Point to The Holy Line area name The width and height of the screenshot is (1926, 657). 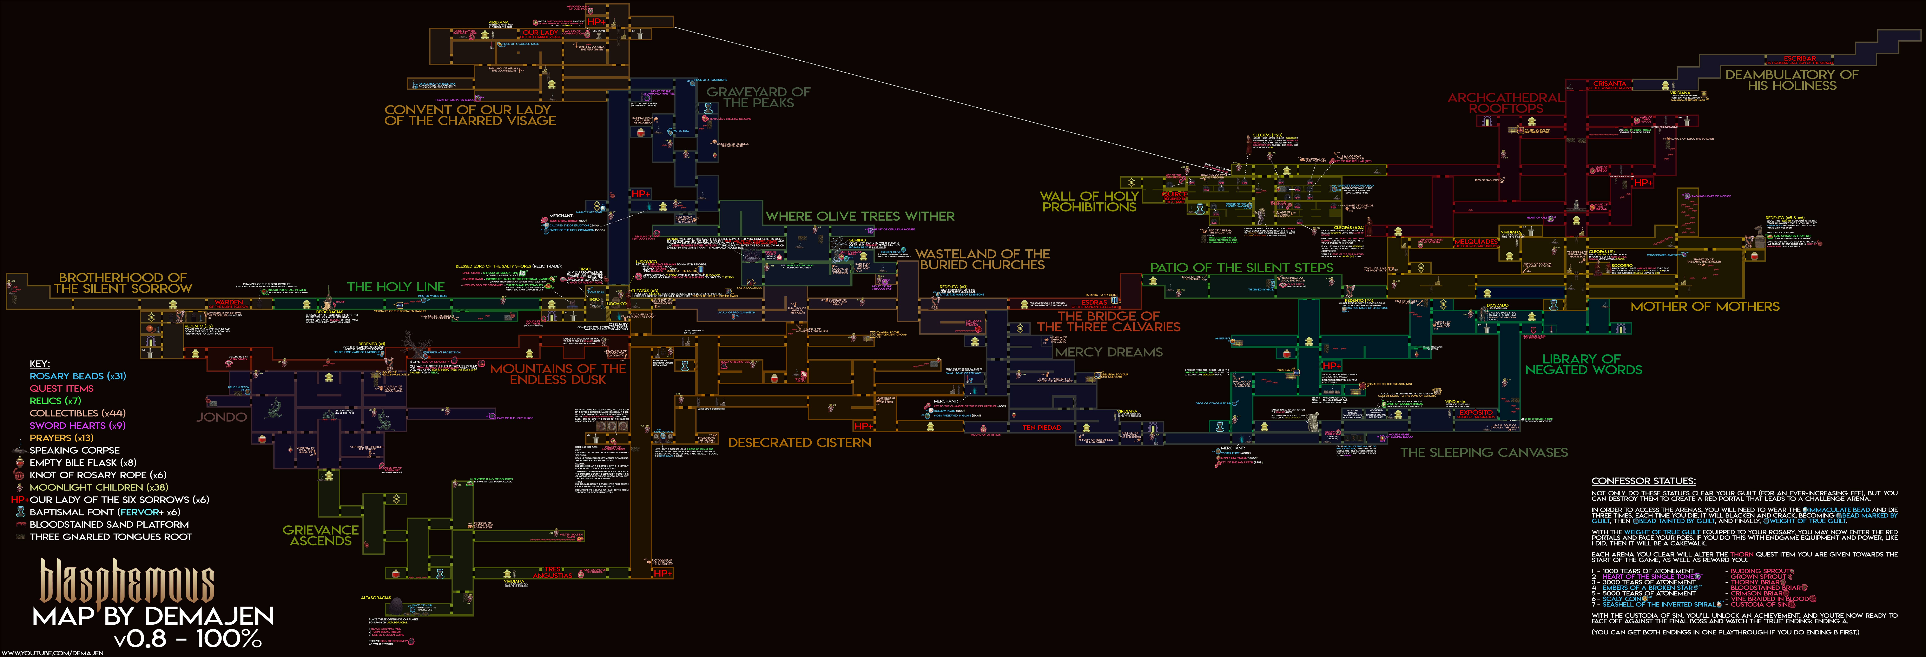pos(396,287)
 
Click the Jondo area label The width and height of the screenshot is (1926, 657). pos(221,417)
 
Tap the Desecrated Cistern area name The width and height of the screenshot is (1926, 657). pos(799,442)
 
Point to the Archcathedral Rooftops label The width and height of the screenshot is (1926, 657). pos(1505,102)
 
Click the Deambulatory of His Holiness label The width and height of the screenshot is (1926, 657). pos(1791,80)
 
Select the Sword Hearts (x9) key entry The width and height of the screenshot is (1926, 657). pos(77,425)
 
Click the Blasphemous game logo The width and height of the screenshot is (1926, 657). pos(127,582)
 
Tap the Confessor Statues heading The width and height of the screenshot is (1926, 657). pos(1643,481)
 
